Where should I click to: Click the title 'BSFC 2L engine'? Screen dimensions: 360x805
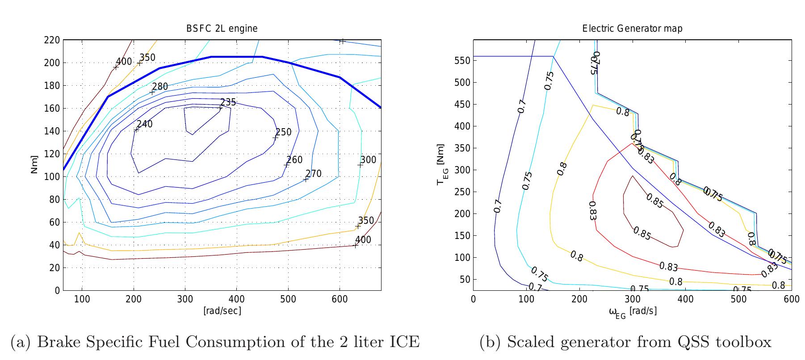tap(222, 29)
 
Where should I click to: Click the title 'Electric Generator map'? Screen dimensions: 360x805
tap(632, 29)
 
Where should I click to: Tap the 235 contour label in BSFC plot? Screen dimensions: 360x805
tap(228, 102)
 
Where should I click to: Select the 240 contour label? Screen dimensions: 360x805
tap(144, 124)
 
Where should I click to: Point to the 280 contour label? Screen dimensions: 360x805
tap(160, 87)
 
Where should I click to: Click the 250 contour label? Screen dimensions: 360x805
tap(283, 132)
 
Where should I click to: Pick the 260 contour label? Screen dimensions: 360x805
tap(294, 160)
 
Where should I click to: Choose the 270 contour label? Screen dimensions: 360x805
tap(314, 174)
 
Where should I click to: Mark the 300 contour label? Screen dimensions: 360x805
tap(368, 160)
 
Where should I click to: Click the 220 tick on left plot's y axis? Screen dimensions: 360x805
tap(52, 40)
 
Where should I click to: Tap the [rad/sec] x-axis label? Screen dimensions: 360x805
tap(222, 310)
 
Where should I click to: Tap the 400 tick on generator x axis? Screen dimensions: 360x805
tap(685, 299)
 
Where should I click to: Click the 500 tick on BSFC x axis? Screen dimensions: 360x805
tap(288, 299)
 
